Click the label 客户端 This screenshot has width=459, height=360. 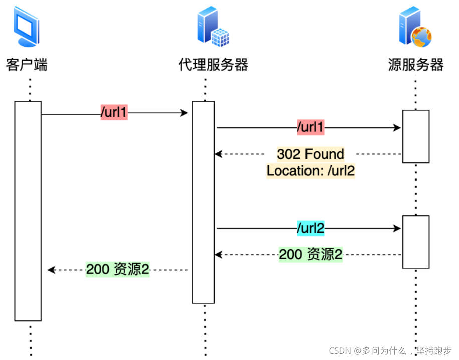27,65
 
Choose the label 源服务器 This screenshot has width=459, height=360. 416,65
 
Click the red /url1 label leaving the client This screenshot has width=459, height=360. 114,113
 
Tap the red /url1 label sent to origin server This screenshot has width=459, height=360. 311,128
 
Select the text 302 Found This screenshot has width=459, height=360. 311,154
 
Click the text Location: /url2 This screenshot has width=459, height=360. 311,170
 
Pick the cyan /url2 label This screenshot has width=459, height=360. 311,229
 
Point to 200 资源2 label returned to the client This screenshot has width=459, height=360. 118,270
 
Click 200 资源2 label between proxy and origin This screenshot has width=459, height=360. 311,255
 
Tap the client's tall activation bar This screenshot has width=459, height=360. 28,211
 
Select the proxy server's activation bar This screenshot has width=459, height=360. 203,202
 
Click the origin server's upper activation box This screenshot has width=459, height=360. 416,136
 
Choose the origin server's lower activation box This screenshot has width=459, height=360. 416,242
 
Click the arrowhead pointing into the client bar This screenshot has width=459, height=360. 51,270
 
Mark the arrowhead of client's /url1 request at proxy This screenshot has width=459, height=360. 185,114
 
